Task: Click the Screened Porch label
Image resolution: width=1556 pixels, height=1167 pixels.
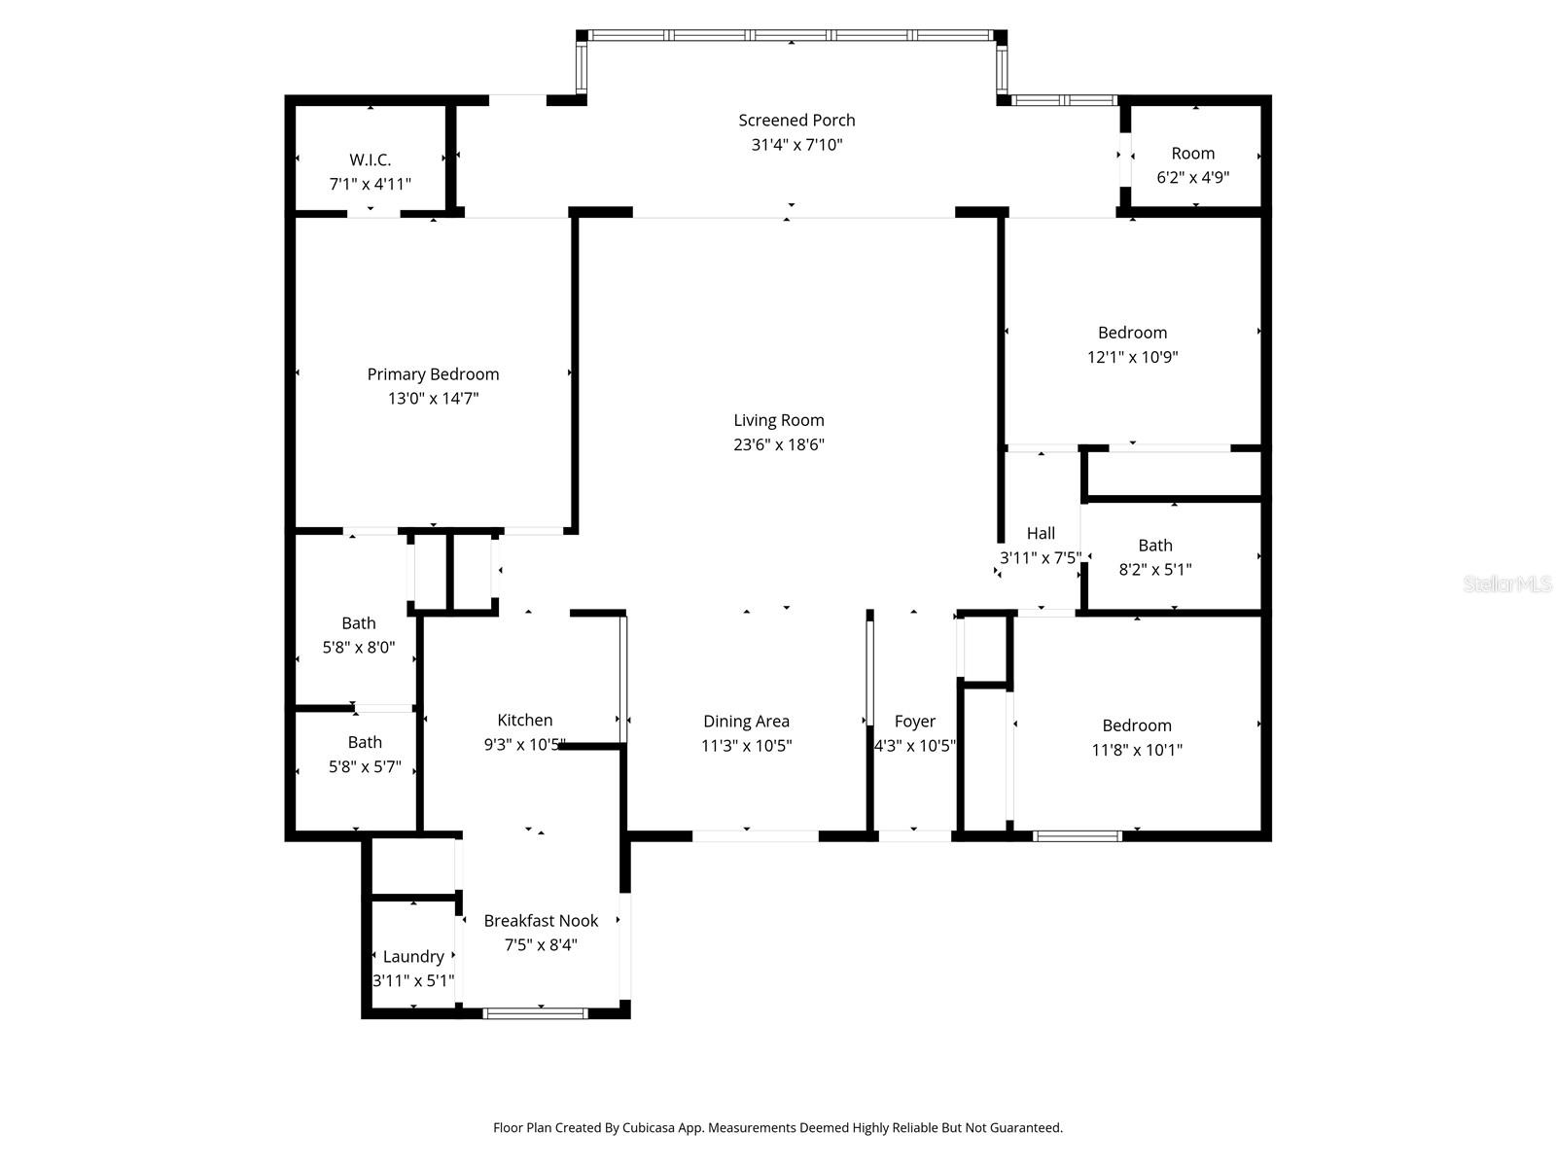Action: coord(796,121)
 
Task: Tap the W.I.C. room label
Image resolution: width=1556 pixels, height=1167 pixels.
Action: coord(370,160)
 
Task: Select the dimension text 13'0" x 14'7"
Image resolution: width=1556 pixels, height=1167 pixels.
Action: coord(433,398)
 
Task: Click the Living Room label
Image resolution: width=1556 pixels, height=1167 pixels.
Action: coord(778,420)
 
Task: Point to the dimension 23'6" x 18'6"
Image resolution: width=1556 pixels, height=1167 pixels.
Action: coord(778,444)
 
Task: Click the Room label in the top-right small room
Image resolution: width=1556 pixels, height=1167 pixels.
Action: coord(1192,153)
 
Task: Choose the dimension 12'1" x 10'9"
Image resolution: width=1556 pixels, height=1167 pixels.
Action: coord(1132,356)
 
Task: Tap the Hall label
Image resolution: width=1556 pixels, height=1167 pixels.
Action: coord(1040,533)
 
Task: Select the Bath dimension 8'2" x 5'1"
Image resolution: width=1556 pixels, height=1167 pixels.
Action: coord(1154,569)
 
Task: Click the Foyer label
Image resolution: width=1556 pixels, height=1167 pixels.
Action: coord(914,722)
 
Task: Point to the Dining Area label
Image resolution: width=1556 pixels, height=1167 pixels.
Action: coord(746,722)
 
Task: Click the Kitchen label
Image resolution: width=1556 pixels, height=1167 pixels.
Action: coord(524,720)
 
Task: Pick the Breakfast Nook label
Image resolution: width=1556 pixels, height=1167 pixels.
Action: coord(541,920)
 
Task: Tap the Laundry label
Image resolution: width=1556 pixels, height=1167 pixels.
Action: coord(413,957)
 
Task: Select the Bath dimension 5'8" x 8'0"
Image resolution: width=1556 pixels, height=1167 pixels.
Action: coord(358,647)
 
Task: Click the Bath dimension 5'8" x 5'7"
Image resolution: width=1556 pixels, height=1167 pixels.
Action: coord(365,766)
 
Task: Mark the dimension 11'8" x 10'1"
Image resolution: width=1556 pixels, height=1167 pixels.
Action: coord(1136,750)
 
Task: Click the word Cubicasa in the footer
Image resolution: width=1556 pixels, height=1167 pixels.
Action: coord(648,1127)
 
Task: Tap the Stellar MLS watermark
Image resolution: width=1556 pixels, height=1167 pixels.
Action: coord(1507,583)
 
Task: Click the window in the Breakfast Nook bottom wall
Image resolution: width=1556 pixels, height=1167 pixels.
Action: coord(535,1013)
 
